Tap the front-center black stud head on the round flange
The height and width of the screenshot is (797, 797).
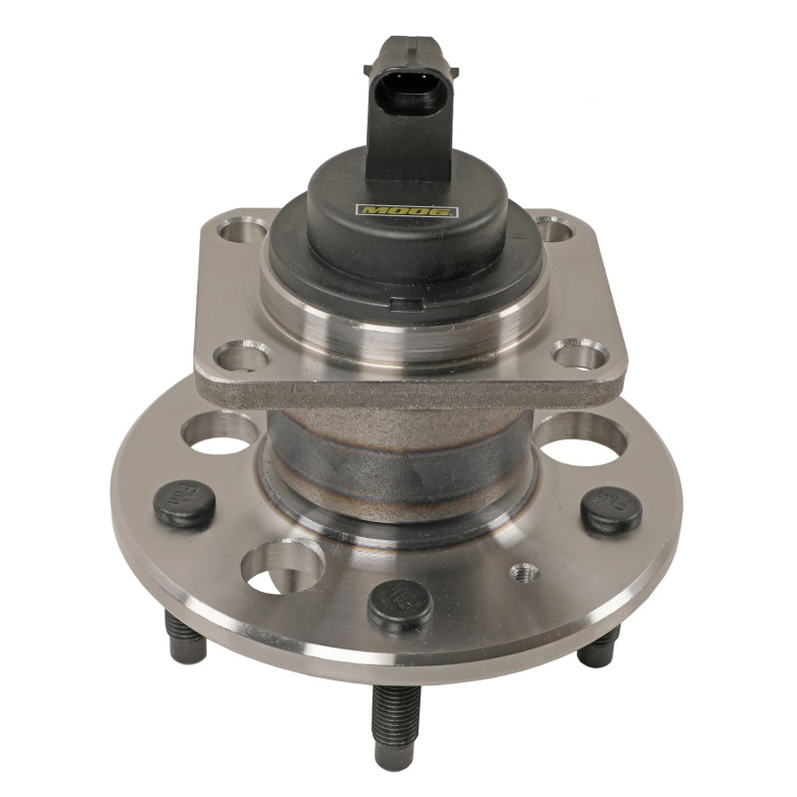coord(400,604)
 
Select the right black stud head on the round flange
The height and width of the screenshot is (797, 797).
coord(611,510)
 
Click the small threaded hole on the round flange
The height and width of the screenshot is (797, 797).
coord(523,574)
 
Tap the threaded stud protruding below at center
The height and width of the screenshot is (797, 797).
coord(391,718)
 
